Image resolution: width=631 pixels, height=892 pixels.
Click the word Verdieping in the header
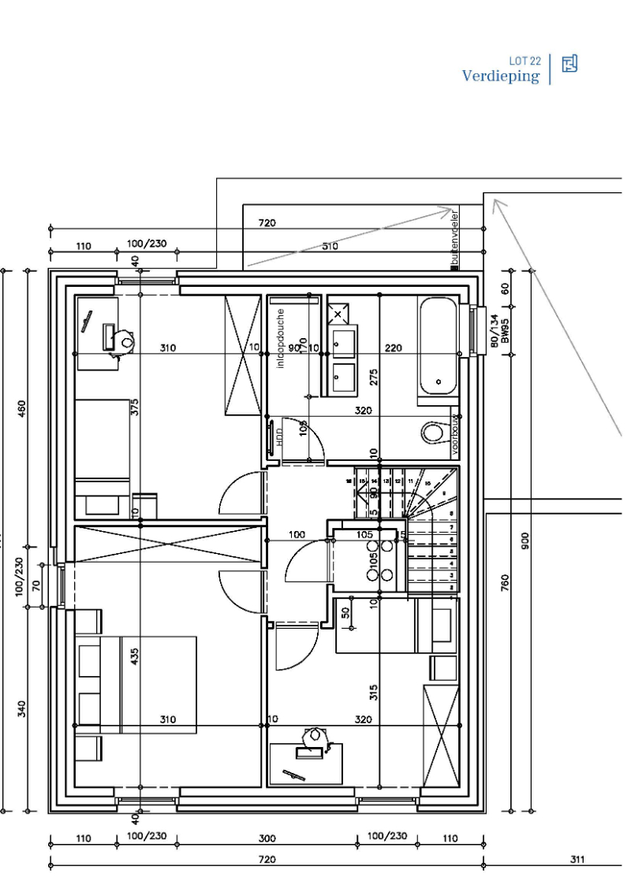(501, 76)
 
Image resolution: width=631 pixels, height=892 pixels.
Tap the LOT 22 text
(525, 61)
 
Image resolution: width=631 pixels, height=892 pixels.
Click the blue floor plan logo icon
(569, 64)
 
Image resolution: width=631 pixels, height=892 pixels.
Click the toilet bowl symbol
(433, 433)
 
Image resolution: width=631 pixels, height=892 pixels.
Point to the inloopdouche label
(280, 339)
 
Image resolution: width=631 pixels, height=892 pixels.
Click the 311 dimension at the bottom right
(577, 859)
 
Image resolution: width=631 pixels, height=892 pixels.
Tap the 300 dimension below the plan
(267, 838)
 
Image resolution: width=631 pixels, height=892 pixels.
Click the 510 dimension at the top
(330, 246)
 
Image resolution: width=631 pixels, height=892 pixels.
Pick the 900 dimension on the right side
(525, 541)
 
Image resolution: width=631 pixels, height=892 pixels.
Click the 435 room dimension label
(134, 656)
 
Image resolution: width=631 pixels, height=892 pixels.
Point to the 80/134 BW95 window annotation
(498, 331)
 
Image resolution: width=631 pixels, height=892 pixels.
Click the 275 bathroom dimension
(374, 377)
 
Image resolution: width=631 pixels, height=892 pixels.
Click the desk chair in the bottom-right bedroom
(315, 735)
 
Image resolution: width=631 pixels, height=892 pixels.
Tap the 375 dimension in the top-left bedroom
(135, 407)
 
